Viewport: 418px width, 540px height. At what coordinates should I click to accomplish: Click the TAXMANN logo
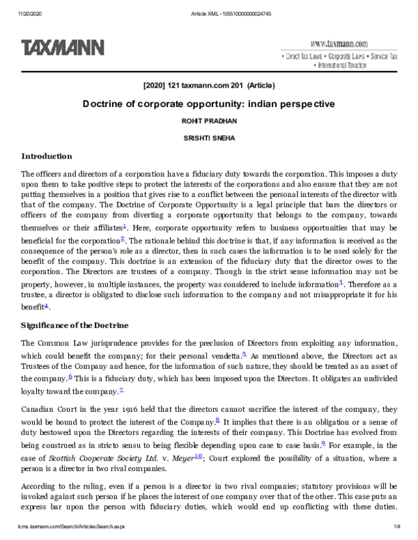click(63, 47)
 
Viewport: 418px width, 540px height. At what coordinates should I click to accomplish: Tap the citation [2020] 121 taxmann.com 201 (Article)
click(208, 86)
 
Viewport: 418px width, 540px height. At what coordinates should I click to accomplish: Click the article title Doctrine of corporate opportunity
click(209, 104)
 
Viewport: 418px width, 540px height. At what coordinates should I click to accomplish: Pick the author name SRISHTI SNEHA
click(209, 138)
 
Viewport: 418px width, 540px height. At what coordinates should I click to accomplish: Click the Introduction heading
click(46, 157)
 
